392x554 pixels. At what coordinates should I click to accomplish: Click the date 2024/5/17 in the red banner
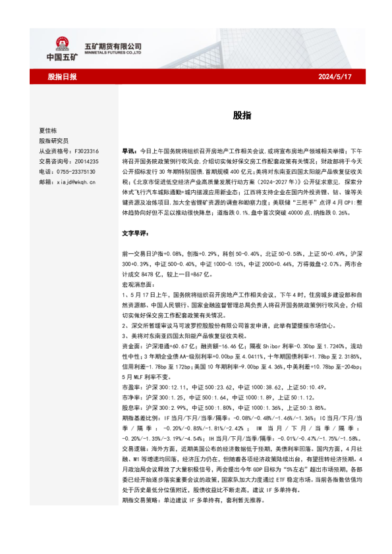click(335, 77)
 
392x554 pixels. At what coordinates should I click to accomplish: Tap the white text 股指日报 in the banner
click(63, 77)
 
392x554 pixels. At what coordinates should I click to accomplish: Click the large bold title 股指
click(241, 115)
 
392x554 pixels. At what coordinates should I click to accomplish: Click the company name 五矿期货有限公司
click(113, 45)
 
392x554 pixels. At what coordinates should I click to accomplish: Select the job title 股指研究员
click(53, 140)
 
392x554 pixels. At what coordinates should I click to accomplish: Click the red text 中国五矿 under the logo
click(63, 58)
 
